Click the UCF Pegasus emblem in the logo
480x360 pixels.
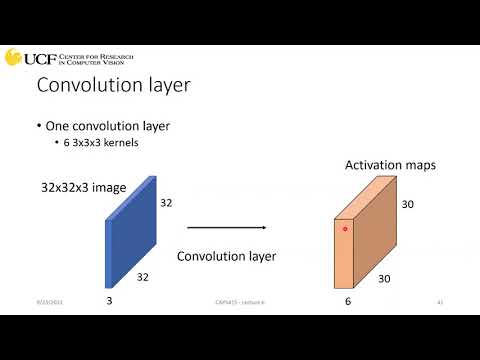point(13,57)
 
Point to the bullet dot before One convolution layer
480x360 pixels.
point(38,127)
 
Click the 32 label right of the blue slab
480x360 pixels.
point(166,202)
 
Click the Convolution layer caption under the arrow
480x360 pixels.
point(226,257)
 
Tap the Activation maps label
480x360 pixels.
point(391,165)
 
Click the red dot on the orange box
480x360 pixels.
point(345,229)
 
